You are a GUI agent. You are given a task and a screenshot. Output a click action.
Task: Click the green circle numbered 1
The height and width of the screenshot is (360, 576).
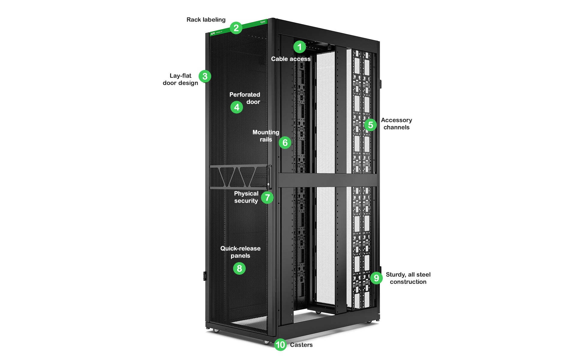coord(299,47)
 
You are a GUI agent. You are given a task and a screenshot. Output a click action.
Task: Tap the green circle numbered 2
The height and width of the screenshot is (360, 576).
coord(236,28)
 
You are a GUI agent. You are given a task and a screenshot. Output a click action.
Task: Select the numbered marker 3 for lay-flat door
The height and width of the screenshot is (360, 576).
coord(205,76)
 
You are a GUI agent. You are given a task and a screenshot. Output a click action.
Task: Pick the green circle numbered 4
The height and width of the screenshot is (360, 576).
coord(237,107)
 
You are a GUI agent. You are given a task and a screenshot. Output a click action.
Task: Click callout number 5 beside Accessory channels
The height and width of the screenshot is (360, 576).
coord(370,125)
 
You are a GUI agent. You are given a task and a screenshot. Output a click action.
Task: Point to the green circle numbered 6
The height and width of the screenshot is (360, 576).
coord(285,143)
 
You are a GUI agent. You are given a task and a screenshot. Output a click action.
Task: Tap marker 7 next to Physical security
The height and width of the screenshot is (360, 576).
coord(267,198)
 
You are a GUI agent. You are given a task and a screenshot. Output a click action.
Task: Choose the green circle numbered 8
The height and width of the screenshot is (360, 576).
coord(239,268)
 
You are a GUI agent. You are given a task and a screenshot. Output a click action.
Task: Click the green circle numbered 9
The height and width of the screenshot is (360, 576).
coord(376,278)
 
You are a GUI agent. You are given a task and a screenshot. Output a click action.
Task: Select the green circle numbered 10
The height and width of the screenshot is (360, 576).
coord(280,345)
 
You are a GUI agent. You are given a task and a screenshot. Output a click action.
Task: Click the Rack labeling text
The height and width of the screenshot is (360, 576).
coord(206,20)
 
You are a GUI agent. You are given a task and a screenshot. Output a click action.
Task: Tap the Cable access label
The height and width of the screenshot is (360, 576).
coord(291,59)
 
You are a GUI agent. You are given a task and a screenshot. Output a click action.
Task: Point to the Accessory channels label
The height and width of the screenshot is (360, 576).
coord(396,124)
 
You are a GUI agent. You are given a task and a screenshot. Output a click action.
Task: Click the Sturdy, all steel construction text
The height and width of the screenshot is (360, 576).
coord(408,278)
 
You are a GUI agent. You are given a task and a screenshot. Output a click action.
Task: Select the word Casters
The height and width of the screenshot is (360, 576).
coord(301,345)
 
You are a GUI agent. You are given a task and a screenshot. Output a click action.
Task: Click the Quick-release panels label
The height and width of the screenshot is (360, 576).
coord(240,252)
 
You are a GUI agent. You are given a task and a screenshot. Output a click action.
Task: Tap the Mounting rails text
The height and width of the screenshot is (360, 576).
coord(266,136)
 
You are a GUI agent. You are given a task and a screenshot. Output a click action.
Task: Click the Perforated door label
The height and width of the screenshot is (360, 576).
coord(245,98)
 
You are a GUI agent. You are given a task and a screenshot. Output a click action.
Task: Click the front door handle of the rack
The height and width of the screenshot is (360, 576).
coord(269,177)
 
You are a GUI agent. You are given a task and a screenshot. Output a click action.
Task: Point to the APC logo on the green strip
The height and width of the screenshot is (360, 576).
coord(213,34)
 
